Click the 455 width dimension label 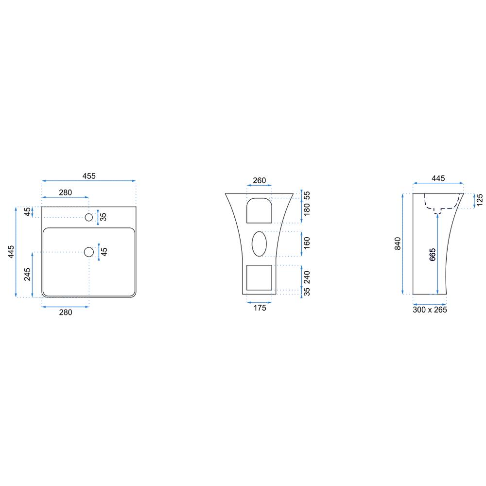click(x=89, y=176)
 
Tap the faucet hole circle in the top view click(x=89, y=217)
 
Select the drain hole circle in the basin click(x=89, y=252)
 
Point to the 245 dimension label click(x=27, y=275)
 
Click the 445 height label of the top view click(x=11, y=252)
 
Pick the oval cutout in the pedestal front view click(x=259, y=244)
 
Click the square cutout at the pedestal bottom click(x=259, y=278)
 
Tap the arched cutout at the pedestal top click(x=259, y=210)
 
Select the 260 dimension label click(x=260, y=180)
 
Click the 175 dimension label click(x=260, y=308)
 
